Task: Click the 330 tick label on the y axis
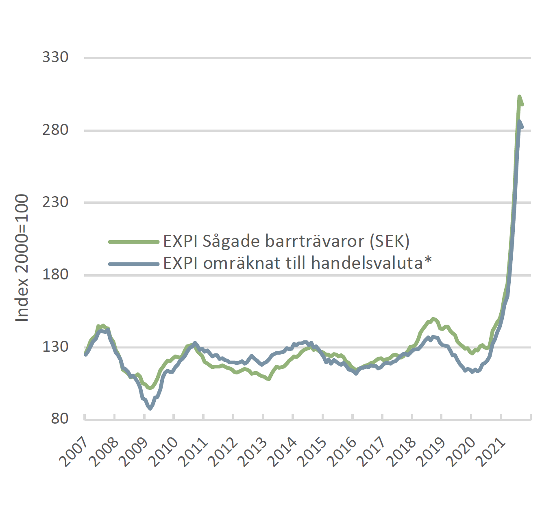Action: (55, 57)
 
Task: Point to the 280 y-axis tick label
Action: (55, 130)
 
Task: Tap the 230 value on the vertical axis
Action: (55, 202)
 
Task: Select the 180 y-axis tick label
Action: (55, 275)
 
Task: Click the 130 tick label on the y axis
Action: (55, 347)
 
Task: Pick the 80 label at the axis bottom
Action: (59, 419)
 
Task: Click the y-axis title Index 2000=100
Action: (22, 258)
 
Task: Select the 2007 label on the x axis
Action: (74, 452)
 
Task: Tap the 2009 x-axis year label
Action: (133, 452)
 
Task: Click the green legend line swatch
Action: (134, 242)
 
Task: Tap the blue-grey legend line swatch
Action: (134, 264)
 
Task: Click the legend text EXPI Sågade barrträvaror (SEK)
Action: (286, 242)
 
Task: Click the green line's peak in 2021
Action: (519, 97)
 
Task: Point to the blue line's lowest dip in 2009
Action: (150, 408)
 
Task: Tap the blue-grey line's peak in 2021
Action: (520, 121)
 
